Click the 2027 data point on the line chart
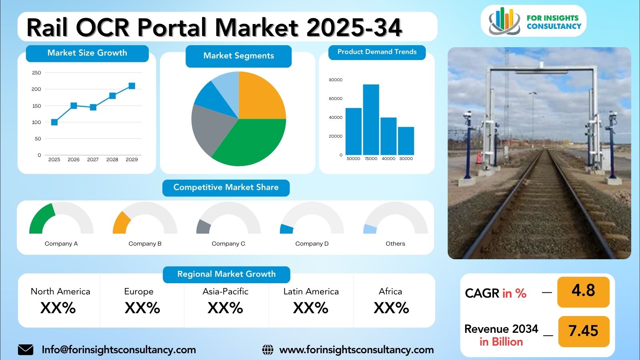coord(93,107)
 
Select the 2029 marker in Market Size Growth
coord(132,86)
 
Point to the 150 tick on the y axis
coord(36,106)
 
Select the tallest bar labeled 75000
coord(371,120)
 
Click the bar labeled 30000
coord(406,141)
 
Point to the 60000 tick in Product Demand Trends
coord(336,98)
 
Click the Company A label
coord(61,244)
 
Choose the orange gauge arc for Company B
coord(121,223)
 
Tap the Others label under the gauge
coord(395,244)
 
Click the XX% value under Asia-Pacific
coord(225,308)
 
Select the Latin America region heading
coord(311,292)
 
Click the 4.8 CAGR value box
coord(583,291)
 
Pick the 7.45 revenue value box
coord(583,331)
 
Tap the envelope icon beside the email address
coord(26,350)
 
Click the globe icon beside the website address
coord(268,350)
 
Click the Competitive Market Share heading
coord(226,188)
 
